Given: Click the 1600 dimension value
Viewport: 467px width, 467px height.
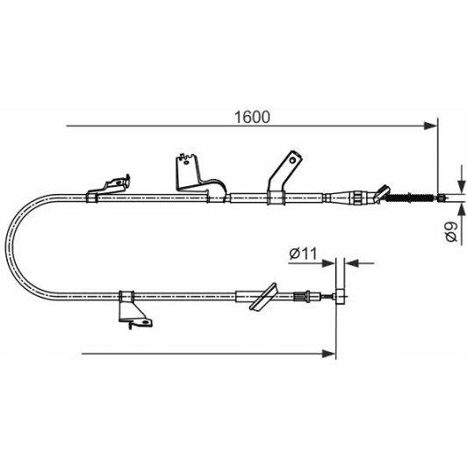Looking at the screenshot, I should [252, 116].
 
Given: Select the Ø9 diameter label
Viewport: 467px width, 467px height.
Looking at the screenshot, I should [449, 231].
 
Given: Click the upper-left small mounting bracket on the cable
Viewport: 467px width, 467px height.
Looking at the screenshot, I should [111, 185].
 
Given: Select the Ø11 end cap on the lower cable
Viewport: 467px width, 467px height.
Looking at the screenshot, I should [341, 296].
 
